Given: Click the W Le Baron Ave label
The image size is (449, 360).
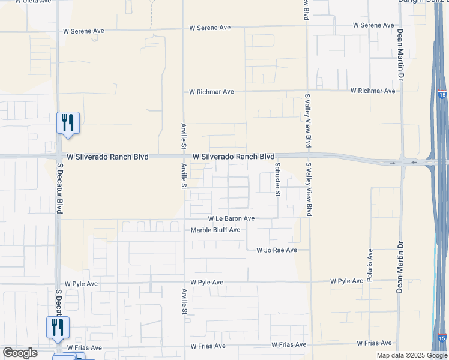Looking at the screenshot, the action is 231,219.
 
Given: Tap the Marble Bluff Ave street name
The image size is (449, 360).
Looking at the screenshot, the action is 215,230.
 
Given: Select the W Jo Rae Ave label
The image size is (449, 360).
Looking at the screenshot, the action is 277,250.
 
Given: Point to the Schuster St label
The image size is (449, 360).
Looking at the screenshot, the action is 277,179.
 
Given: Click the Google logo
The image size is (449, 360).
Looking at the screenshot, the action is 20,353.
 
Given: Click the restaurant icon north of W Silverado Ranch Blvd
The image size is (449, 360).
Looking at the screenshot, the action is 67,122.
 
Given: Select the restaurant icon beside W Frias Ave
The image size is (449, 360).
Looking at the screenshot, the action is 58,327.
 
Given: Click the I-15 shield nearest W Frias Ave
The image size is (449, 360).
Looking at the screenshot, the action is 441,338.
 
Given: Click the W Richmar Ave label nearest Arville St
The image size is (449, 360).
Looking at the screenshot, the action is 211,92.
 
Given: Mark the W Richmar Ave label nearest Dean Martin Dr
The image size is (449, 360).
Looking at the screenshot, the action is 373,91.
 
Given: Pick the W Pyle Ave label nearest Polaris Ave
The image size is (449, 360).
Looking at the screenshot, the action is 346,281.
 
